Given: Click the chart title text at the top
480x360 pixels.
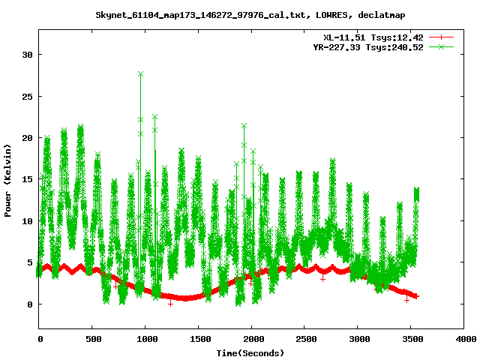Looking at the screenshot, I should tap(240, 14).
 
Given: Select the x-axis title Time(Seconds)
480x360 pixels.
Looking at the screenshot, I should tap(250, 352).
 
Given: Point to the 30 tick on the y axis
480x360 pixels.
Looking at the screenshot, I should tap(28, 55).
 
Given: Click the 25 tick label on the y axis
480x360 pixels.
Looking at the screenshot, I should tap(28, 97).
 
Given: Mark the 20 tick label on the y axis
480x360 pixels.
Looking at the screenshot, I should tap(28, 138).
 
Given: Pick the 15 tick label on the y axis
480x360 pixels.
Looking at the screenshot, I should tap(28, 180).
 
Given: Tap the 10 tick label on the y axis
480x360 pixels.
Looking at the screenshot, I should tap(28, 221).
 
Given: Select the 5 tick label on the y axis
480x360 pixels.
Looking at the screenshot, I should tap(30, 263).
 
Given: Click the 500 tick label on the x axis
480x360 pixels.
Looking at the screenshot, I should tap(92, 339).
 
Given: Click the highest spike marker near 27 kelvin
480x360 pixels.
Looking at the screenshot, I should tap(140, 74).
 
